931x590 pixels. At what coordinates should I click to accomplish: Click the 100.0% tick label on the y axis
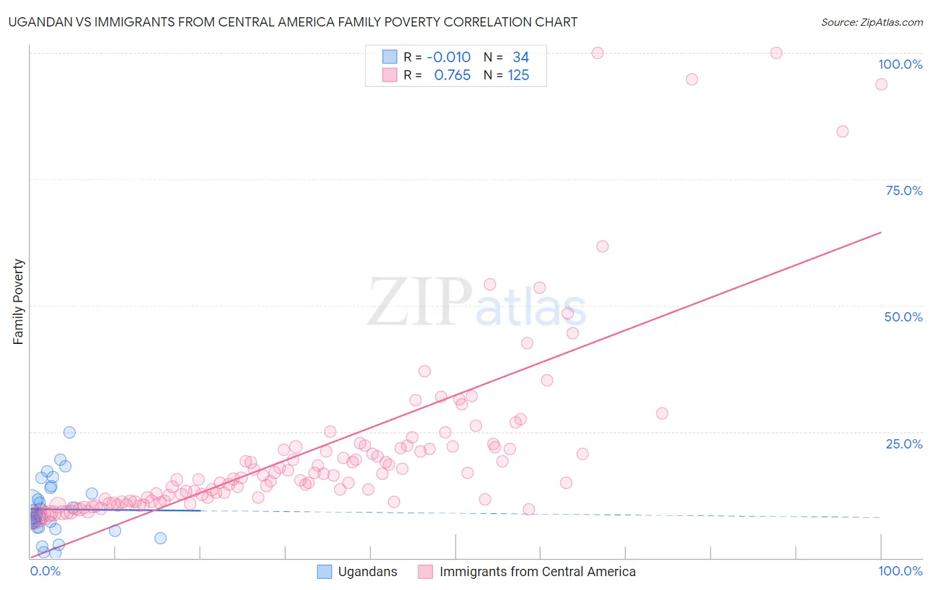tap(900, 64)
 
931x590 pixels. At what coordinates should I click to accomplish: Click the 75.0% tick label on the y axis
tap(904, 190)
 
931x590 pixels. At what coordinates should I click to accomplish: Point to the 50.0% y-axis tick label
tap(903, 317)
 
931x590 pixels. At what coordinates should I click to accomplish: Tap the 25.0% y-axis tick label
tap(904, 444)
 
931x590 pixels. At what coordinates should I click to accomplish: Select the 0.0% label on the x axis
tap(45, 571)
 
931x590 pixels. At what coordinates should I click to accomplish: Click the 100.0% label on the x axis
tap(900, 571)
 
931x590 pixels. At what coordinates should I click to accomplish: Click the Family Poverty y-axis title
tap(18, 302)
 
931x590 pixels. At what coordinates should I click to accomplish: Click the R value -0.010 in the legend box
tap(448, 58)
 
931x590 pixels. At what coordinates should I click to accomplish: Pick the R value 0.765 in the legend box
tap(452, 75)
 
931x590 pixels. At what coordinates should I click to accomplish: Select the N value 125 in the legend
tap(518, 75)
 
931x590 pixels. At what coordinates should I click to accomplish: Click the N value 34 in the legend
tap(520, 58)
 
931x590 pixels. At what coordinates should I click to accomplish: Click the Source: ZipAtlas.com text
tap(871, 22)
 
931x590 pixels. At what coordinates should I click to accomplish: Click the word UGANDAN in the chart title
tap(39, 22)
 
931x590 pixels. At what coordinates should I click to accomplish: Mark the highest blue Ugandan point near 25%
tap(69, 433)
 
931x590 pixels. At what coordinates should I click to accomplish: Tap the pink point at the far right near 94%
tap(881, 84)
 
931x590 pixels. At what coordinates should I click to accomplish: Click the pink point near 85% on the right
tap(842, 132)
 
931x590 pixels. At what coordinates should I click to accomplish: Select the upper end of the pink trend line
tap(881, 232)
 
